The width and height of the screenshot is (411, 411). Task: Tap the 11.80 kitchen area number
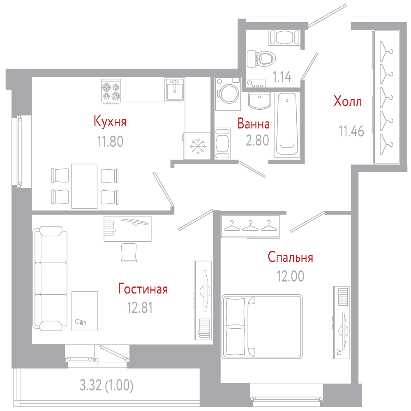click(110, 141)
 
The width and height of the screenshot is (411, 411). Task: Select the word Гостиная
click(143, 289)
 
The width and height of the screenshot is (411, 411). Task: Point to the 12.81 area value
click(140, 307)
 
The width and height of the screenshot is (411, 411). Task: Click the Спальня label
click(291, 257)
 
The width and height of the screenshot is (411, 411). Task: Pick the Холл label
click(348, 101)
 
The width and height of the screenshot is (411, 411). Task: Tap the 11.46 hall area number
click(351, 132)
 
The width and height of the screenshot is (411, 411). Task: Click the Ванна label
click(254, 124)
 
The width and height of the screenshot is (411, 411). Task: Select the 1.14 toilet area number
click(282, 77)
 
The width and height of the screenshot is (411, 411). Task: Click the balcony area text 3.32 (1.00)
click(106, 386)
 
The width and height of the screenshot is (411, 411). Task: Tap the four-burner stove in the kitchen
click(111, 91)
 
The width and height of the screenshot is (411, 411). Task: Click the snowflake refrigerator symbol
click(198, 146)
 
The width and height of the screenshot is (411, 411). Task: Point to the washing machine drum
click(229, 94)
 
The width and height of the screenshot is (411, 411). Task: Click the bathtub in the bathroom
click(287, 124)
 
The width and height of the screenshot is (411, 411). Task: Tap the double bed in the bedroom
click(262, 327)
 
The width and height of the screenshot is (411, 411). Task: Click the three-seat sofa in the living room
click(50, 279)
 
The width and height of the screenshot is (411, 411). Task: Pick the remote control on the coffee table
click(81, 322)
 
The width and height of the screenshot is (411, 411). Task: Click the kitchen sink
click(175, 90)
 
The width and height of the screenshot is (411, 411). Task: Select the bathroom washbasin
click(259, 101)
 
